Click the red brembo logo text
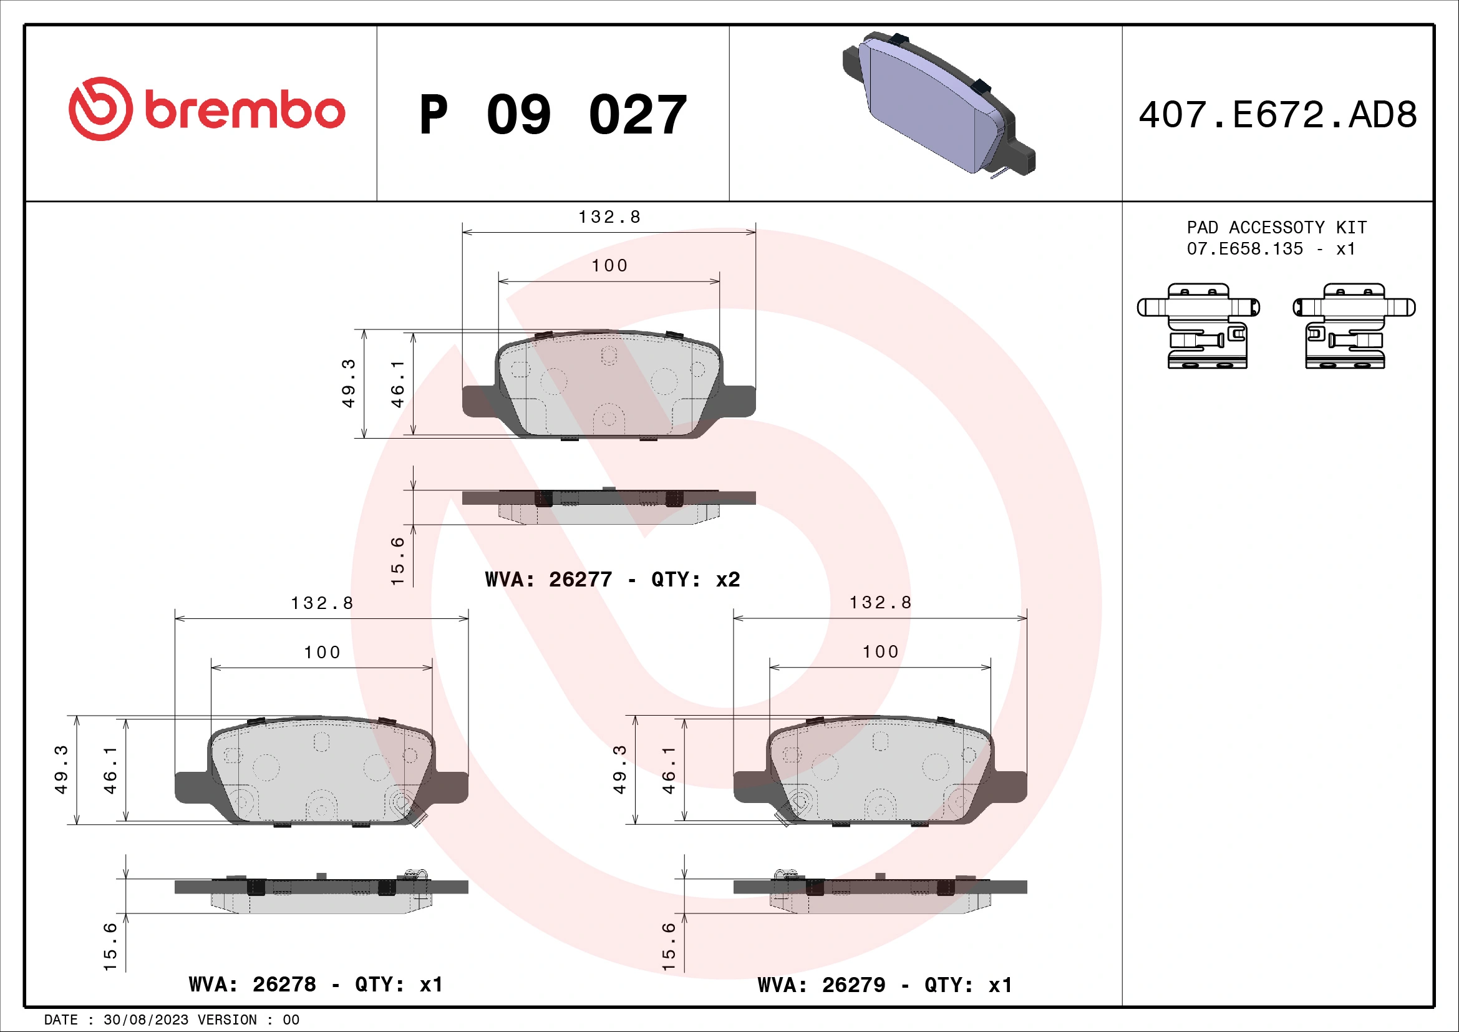[245, 110]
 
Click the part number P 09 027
[553, 115]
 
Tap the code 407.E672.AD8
[1277, 115]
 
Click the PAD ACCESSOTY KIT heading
[1276, 228]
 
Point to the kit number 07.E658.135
[1244, 249]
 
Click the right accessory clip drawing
[1354, 326]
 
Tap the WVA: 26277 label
[548, 580]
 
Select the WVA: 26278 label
[251, 985]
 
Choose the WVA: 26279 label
[821, 985]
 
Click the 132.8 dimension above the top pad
[609, 217]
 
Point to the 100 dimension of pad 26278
[321, 653]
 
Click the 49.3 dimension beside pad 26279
[619, 769]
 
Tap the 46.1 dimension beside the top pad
[397, 384]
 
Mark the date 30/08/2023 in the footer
[145, 1020]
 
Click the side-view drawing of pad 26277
[609, 505]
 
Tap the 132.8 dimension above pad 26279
[880, 603]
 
